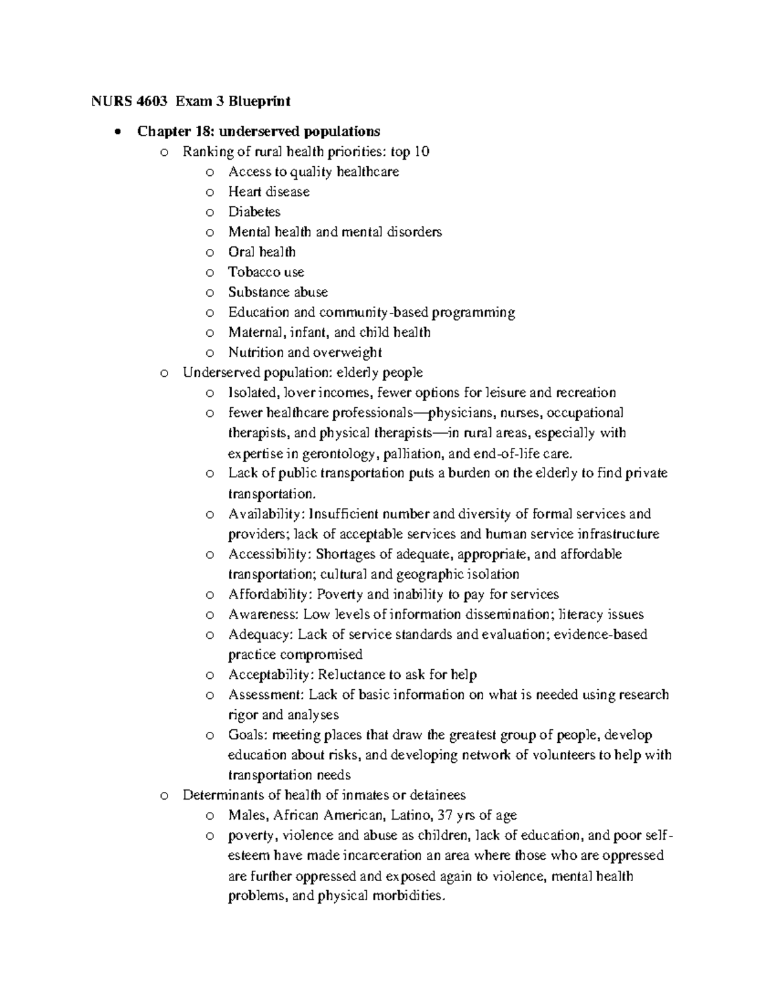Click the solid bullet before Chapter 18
[116, 132]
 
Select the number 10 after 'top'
[421, 152]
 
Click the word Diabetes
[254, 212]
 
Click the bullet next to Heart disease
[209, 192]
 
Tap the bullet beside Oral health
[209, 252]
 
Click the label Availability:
[266, 514]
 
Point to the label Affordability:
[270, 594]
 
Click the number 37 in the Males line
[446, 815]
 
